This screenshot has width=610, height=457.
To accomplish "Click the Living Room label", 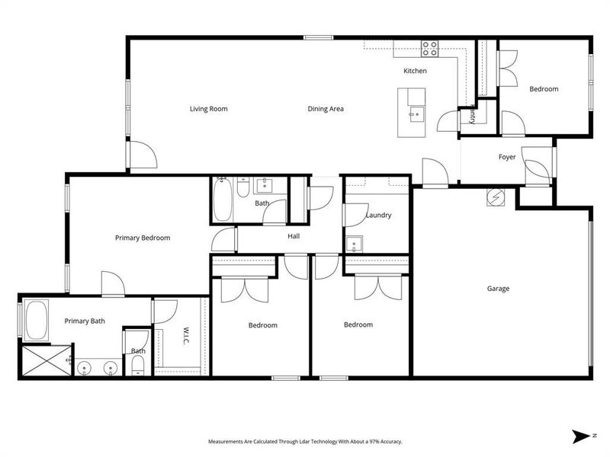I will click(x=208, y=109).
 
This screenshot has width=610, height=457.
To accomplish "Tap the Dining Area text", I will click(x=326, y=109).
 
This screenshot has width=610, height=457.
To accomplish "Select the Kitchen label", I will click(x=415, y=71).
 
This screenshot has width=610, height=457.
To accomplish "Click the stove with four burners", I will click(x=430, y=48).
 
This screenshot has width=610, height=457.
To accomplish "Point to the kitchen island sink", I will click(x=416, y=117).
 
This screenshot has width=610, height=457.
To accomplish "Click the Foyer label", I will click(x=507, y=158).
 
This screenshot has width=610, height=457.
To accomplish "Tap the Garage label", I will click(x=498, y=289).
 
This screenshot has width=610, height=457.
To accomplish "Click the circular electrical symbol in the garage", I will click(x=495, y=197).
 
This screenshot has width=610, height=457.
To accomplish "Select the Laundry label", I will click(x=378, y=216).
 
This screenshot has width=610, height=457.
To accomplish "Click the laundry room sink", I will click(x=354, y=244).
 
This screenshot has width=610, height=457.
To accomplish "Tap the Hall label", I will click(x=294, y=236).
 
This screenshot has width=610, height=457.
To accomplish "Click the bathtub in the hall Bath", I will click(x=223, y=198).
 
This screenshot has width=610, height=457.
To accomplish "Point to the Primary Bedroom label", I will click(x=143, y=238).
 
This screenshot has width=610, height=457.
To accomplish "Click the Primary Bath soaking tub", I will click(x=37, y=321).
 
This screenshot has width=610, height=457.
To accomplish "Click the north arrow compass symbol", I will click(x=582, y=435).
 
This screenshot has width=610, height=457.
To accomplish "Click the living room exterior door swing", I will click(x=143, y=156).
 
